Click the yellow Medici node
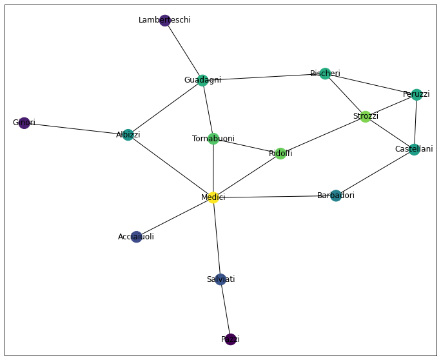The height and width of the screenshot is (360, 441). [x=213, y=197]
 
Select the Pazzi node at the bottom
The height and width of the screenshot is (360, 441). [x=230, y=339]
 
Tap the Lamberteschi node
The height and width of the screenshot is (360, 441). [x=165, y=21]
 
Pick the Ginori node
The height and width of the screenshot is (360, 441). [x=24, y=123]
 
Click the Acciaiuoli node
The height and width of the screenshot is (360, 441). [x=136, y=237]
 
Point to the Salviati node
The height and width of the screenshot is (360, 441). [x=220, y=279]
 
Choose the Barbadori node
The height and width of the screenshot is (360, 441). [x=336, y=195]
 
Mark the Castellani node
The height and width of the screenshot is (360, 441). [x=414, y=150]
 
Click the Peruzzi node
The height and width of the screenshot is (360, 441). [x=416, y=95]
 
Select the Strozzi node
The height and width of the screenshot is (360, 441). [x=366, y=117]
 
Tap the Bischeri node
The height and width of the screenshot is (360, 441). [x=326, y=74]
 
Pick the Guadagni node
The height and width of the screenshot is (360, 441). [x=202, y=80]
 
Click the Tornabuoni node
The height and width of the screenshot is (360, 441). [x=213, y=139]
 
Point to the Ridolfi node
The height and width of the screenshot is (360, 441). [x=280, y=154]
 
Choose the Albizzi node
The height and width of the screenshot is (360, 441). [x=128, y=135]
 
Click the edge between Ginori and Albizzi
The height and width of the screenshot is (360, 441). [x=76, y=129]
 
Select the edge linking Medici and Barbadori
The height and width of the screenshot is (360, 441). [x=274, y=197]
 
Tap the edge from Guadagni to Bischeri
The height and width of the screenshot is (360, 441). [x=264, y=77]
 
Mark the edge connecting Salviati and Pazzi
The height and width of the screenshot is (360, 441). [x=226, y=310]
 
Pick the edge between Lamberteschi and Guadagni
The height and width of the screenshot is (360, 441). [x=184, y=50]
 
